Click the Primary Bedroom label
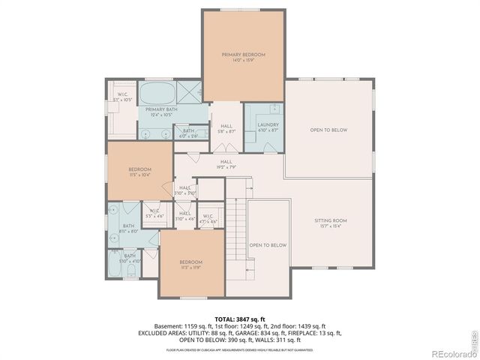point(243,55)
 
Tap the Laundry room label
point(268,125)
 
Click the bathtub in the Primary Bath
point(157,94)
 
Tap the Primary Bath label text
point(161,109)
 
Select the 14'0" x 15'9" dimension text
point(243,61)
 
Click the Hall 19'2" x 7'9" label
point(226,161)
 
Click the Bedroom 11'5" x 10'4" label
point(140,169)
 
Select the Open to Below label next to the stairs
point(268,245)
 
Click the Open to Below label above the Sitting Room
point(328,130)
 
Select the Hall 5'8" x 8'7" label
point(226,127)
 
